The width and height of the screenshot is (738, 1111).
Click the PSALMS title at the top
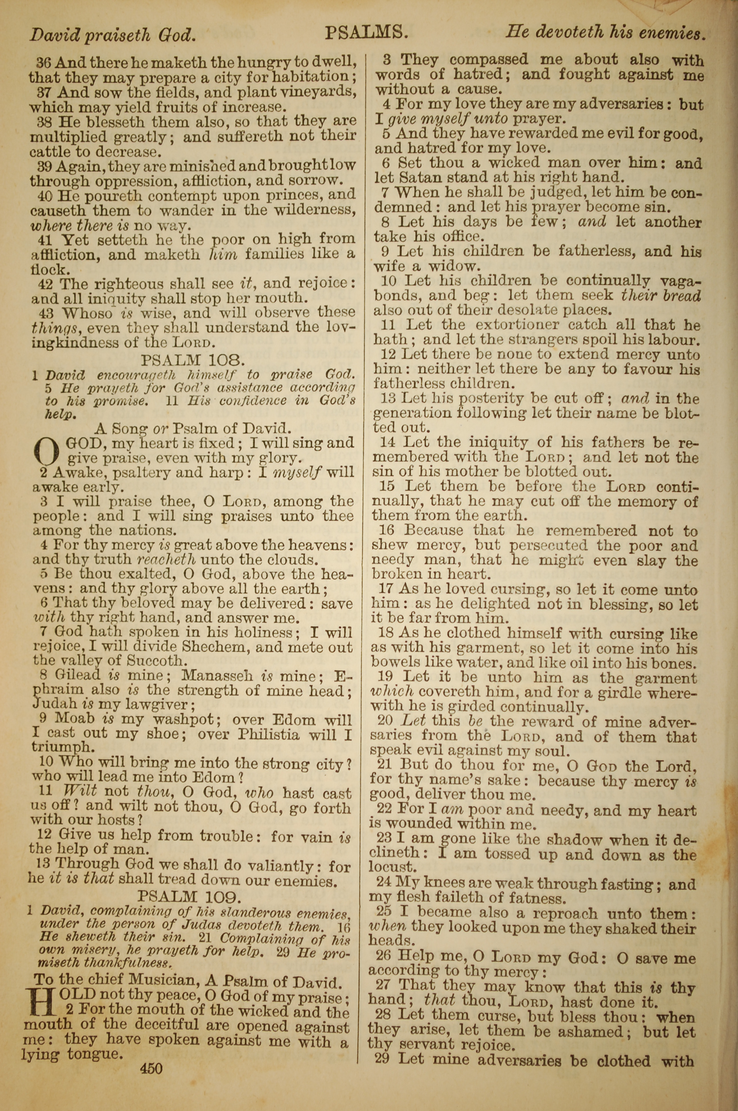pyautogui.click(x=366, y=33)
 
